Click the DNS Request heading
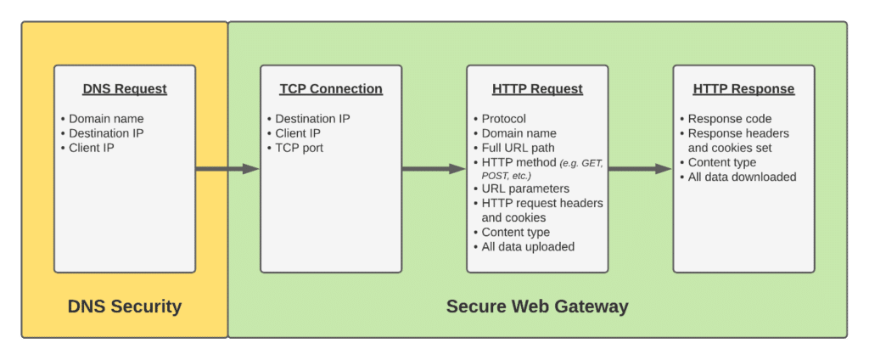point(125,89)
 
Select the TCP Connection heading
point(331,89)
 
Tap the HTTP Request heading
point(537,89)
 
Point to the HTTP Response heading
point(743,89)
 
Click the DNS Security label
point(125,307)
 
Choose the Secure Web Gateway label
point(537,307)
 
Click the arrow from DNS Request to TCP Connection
point(227,169)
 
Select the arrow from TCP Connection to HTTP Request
point(434,169)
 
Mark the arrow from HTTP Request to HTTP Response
point(640,169)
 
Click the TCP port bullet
point(299,148)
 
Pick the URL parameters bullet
point(525,188)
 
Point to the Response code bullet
point(730,119)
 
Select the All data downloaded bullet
point(742,177)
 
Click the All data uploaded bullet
point(528,247)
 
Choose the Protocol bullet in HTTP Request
point(504,119)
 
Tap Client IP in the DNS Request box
point(92,148)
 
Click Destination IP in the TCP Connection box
point(312,119)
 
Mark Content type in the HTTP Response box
point(722,163)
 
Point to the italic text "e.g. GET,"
point(580,162)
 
